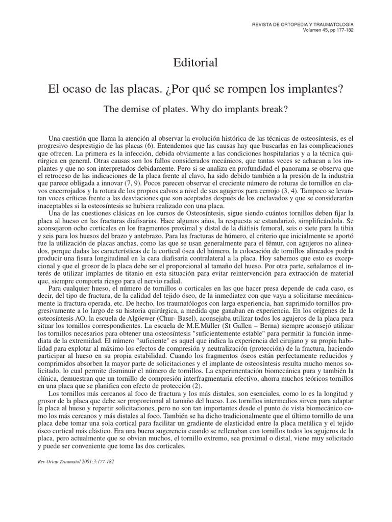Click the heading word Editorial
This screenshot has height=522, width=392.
196,63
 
